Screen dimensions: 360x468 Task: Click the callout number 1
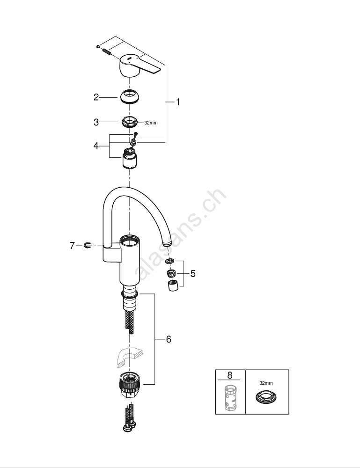tap(178, 102)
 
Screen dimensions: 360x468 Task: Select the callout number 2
tap(96, 97)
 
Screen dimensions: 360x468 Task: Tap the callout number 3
tap(96, 122)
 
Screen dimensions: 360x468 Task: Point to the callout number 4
tap(96, 146)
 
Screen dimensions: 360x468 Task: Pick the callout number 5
tap(193, 273)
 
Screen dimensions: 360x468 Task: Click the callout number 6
tap(169, 339)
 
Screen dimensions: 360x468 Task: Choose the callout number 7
tap(72, 246)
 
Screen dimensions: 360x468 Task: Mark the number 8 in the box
tap(229, 375)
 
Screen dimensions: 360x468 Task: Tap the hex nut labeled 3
tap(130, 122)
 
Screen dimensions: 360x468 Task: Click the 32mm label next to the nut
tap(151, 123)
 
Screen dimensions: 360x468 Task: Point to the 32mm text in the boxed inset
tap(266, 383)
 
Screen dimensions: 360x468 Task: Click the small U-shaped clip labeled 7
tap(88, 245)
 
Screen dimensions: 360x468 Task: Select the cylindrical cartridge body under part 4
tap(130, 159)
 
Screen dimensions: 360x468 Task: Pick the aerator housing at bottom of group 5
tap(172, 285)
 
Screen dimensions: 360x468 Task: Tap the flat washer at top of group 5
tap(169, 262)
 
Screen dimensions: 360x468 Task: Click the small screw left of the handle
tap(98, 46)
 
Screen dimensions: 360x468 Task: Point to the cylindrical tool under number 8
tap(229, 397)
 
